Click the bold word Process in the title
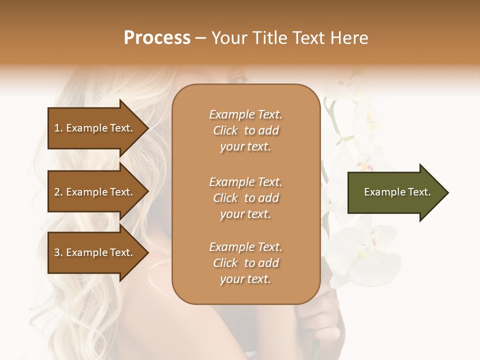tap(157, 37)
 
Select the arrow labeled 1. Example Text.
tap(95, 128)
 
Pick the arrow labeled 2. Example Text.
tap(95, 192)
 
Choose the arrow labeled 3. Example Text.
tap(95, 252)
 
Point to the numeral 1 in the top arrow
tap(57, 128)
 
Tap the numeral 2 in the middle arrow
tap(57, 192)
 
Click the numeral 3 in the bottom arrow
tap(57, 252)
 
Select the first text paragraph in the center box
tap(245, 130)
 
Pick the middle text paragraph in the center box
tap(245, 197)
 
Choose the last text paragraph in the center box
tap(245, 263)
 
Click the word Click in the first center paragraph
tap(225, 130)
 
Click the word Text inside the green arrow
tap(419, 192)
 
